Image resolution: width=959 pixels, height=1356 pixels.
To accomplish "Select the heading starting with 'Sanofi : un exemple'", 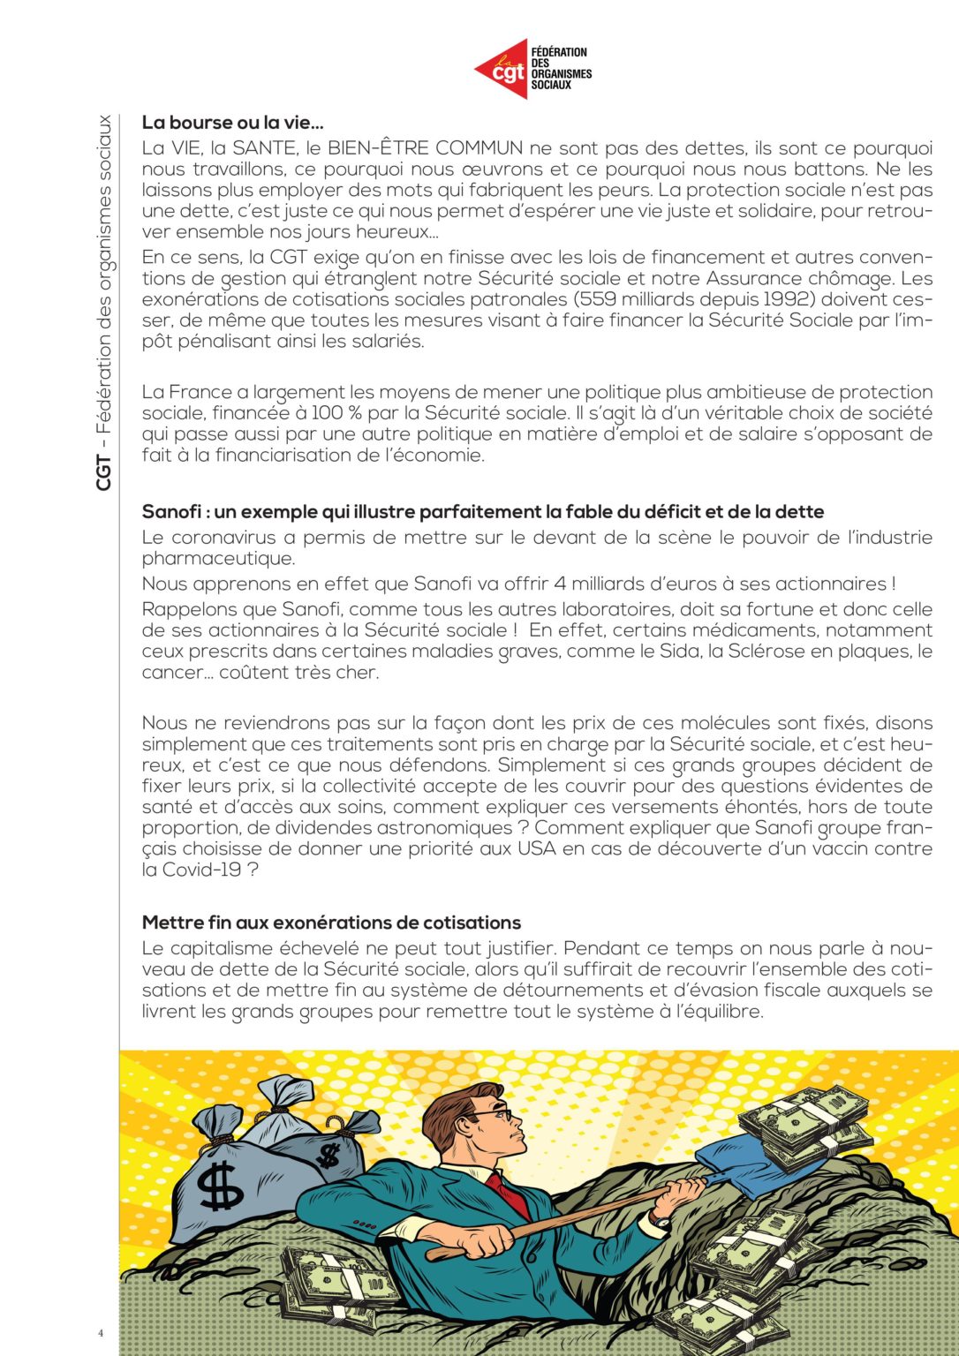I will click(482, 512).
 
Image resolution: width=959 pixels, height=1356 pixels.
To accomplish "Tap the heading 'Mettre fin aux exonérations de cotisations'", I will click(331, 923).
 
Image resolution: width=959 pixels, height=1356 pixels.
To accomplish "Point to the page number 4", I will click(101, 1333).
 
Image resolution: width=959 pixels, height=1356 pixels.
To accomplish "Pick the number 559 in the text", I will click(600, 299).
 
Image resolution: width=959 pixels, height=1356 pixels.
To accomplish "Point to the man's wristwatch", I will click(659, 1220).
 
